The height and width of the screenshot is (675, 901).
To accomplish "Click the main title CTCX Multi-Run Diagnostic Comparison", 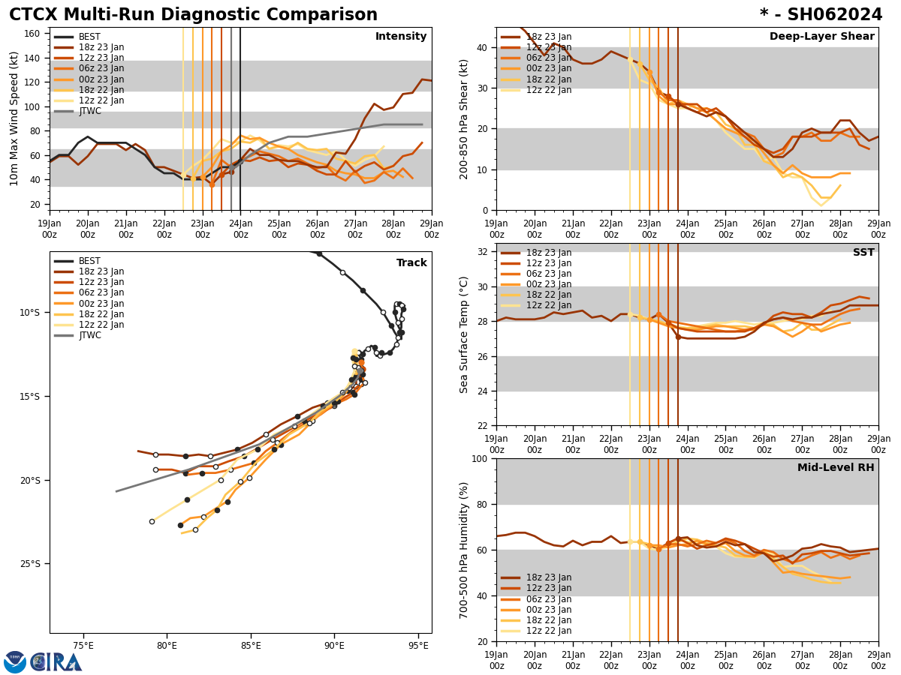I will click(193, 15).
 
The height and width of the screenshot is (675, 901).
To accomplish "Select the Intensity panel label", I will click(401, 37).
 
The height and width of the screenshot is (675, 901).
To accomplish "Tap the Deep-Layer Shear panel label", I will click(821, 37).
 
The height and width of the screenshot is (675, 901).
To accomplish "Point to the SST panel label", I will click(863, 253).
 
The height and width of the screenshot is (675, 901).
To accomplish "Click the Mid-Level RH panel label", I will click(836, 468).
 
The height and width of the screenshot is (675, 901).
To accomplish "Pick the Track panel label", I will click(411, 263).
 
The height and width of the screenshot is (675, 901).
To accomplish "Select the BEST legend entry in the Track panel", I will click(89, 261).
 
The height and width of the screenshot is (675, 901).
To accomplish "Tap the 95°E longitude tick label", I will click(418, 646).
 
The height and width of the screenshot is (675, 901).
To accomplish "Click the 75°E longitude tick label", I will click(83, 646).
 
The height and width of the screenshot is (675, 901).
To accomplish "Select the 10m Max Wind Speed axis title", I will click(14, 118).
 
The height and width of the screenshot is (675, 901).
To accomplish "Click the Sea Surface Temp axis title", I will click(464, 334).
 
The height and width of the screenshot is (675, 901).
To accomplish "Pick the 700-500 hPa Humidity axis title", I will click(464, 550).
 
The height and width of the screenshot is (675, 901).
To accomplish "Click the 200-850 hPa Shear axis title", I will click(464, 118).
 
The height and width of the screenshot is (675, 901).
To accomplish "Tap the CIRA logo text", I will click(56, 662).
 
